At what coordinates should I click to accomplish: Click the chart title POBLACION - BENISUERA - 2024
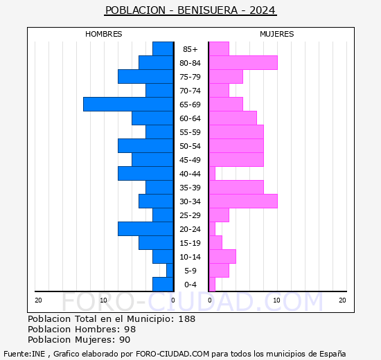pyautogui.click(x=190, y=10)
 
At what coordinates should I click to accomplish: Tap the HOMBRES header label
pyautogui.click(x=103, y=34)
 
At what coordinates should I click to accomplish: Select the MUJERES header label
pyautogui.click(x=276, y=34)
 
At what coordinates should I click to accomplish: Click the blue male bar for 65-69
pyautogui.click(x=128, y=104)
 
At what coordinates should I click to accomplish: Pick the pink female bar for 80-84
pyautogui.click(x=242, y=62)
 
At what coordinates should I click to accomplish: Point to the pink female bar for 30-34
pyautogui.click(x=242, y=201)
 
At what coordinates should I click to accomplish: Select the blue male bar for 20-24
pyautogui.click(x=145, y=228)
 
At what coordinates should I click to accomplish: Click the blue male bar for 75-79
pyautogui.click(x=145, y=76)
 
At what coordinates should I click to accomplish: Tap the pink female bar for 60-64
pyautogui.click(x=232, y=118)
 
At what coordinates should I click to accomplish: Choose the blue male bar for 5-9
pyautogui.click(x=170, y=270)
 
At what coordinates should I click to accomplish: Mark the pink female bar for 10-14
pyautogui.click(x=222, y=256)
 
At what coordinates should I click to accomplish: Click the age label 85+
pyautogui.click(x=190, y=49)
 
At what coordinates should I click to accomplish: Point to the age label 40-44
pyautogui.click(x=190, y=174)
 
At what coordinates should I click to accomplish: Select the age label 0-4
pyautogui.click(x=190, y=285)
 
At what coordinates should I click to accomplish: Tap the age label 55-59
pyautogui.click(x=190, y=132)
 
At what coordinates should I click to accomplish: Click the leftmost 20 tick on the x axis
pyautogui.click(x=39, y=300)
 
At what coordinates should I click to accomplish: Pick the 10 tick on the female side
pyautogui.click(x=276, y=300)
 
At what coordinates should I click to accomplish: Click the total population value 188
pyautogui.click(x=186, y=319)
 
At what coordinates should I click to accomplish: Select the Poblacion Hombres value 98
pyautogui.click(x=130, y=330)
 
